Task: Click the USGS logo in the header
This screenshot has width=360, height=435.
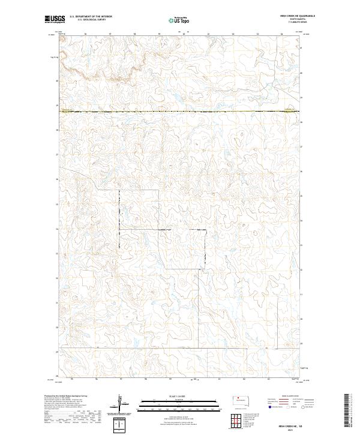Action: pyautogui.click(x=54, y=20)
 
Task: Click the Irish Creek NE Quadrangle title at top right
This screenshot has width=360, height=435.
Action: pyautogui.click(x=296, y=16)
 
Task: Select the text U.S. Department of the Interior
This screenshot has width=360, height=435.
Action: pyautogui.click(x=90, y=17)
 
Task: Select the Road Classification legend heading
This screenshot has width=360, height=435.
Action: pyautogui.click(x=290, y=397)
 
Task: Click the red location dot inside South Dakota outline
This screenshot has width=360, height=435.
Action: pyautogui.click(x=238, y=398)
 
